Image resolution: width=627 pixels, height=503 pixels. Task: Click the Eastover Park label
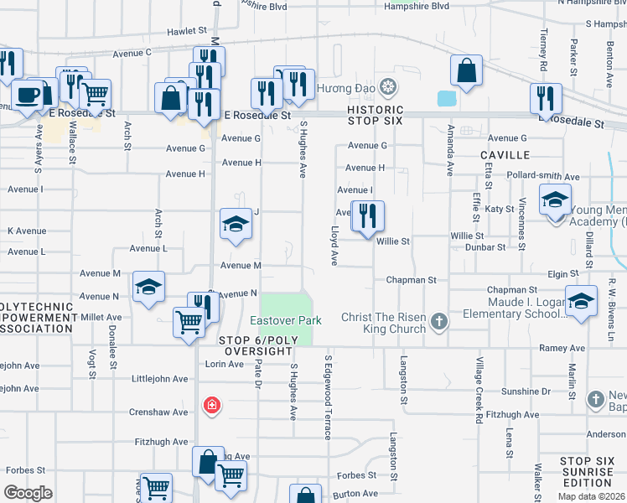point(286,321)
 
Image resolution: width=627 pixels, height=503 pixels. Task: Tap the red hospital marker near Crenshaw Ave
point(212,406)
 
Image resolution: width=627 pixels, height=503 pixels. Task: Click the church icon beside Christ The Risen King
point(438,321)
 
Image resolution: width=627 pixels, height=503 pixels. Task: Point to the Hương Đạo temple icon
point(387,86)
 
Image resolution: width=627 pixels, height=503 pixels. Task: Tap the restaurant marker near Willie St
point(367,216)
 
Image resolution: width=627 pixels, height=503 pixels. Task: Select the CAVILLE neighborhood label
point(505,155)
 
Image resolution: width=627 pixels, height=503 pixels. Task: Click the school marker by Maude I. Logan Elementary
point(580,302)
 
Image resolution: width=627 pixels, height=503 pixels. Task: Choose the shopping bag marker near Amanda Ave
point(467,71)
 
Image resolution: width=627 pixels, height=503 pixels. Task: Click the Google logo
point(28,493)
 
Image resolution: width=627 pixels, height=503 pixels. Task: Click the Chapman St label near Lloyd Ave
point(412,280)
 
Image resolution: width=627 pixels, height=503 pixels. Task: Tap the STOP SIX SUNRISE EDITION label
point(588,472)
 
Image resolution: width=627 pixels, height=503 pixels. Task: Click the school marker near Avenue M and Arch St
point(148,288)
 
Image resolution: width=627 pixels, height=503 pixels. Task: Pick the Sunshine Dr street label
point(525,392)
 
